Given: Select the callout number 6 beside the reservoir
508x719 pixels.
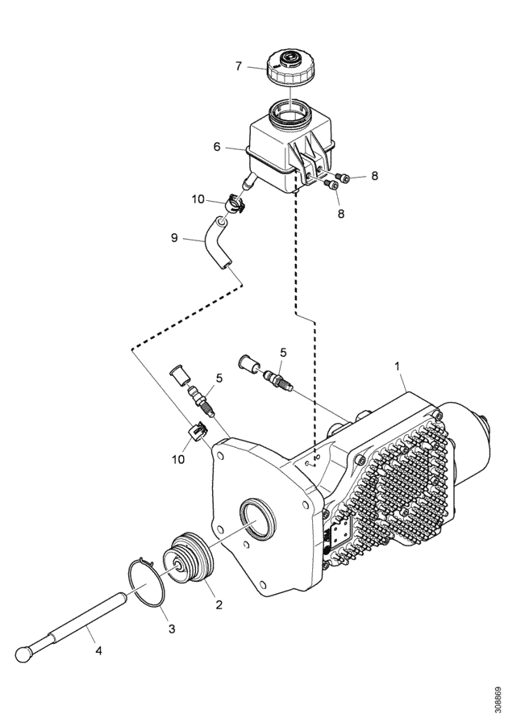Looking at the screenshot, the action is (x=217, y=147).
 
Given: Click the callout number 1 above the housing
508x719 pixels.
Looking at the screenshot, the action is (x=398, y=366).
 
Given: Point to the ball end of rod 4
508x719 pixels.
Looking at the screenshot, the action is (x=23, y=654).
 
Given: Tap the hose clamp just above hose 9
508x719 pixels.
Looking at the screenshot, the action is (x=234, y=204).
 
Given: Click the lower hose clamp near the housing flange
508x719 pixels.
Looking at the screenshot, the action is (x=197, y=432).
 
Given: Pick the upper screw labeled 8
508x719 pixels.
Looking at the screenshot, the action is (x=343, y=178).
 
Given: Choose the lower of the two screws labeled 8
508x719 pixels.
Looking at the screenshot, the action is (x=331, y=184).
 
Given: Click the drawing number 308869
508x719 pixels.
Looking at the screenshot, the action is (x=498, y=698).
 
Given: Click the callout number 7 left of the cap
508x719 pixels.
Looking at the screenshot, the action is (x=238, y=66).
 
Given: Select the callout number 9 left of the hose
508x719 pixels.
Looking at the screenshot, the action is (x=174, y=239).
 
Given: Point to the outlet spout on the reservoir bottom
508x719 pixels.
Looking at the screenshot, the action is (x=250, y=182).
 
